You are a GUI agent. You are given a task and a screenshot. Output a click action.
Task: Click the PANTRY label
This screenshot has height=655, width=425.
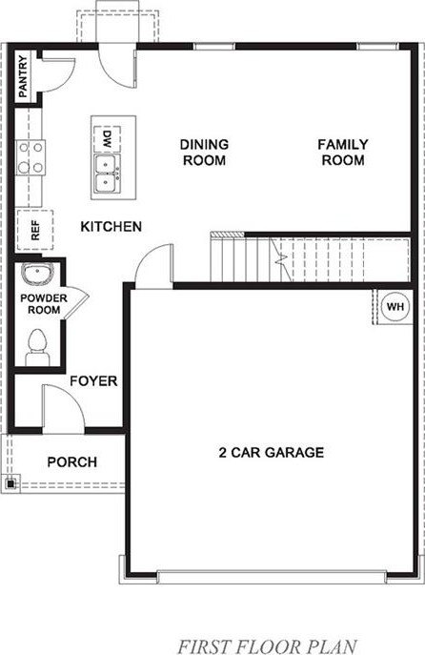[x=23, y=76]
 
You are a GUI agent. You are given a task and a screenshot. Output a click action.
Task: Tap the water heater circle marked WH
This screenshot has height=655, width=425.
[x=395, y=307]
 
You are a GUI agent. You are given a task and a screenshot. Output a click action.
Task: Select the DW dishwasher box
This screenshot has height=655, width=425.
[x=108, y=138]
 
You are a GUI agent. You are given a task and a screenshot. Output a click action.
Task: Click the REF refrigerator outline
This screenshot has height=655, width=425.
[x=35, y=230]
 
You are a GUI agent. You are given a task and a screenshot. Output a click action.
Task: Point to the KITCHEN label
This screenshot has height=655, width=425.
[x=111, y=226]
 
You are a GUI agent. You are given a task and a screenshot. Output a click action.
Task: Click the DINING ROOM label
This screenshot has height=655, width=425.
[x=204, y=152]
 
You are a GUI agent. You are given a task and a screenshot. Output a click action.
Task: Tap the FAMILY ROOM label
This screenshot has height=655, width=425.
[x=343, y=152]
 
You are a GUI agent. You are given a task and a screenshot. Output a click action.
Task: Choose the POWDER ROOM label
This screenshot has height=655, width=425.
[x=44, y=304]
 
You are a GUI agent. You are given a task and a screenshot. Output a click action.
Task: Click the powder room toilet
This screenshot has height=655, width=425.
[x=37, y=348]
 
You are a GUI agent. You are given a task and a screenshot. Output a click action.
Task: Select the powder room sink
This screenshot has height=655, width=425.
[x=37, y=274]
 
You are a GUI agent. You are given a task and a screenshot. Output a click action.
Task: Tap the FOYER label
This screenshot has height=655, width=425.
[x=93, y=381]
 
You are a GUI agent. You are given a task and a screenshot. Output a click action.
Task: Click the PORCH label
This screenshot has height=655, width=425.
[x=72, y=462]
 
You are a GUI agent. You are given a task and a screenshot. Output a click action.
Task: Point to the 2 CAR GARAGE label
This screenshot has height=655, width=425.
[x=272, y=453]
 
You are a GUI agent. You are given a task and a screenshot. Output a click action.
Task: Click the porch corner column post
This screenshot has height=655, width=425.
[x=10, y=483]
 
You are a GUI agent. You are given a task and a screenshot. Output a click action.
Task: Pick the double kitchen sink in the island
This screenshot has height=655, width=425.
[x=108, y=174]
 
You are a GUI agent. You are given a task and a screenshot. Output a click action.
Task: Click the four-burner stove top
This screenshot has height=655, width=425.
[x=30, y=158]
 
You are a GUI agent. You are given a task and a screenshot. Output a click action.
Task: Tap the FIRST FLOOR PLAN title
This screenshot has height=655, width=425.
[x=268, y=645]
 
